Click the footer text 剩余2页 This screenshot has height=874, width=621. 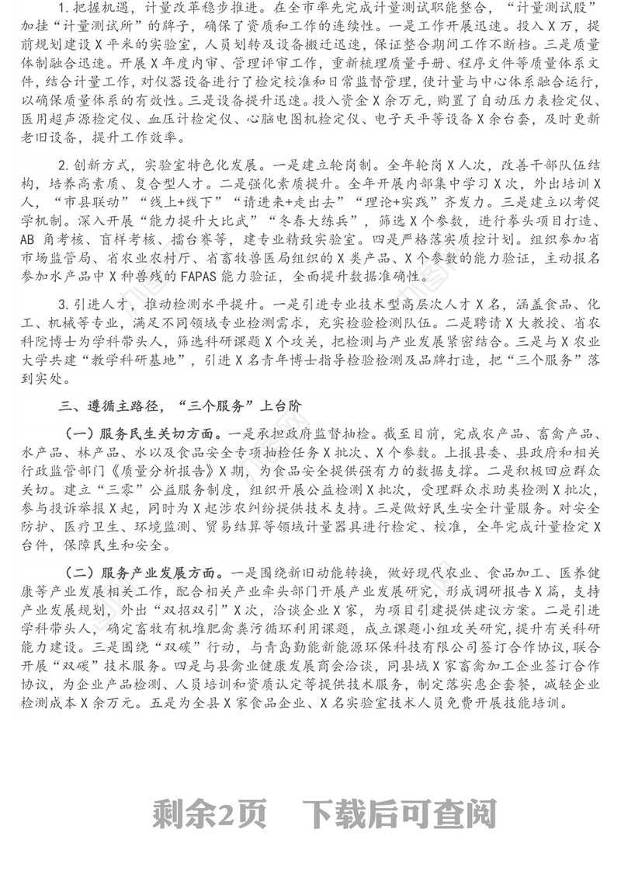[x=210, y=814]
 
